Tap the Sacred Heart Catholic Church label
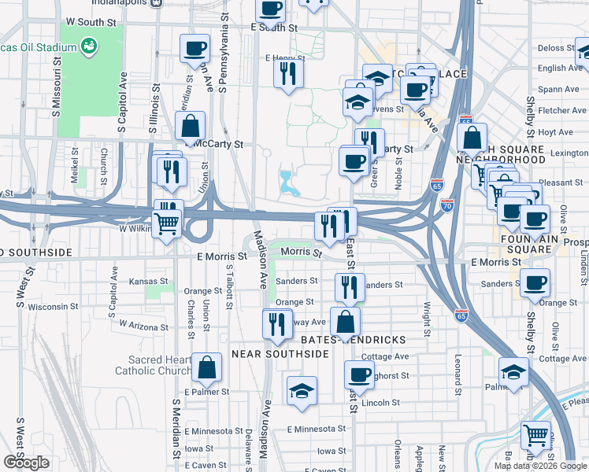[153, 365]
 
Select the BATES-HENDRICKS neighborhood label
[354, 340]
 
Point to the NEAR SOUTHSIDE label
[280, 355]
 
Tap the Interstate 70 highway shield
[448, 205]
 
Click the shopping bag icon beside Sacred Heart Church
[206, 367]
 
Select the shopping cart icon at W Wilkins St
[166, 223]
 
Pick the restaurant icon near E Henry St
[288, 74]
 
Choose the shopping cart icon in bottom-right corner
[535, 434]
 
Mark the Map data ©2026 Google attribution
[539, 466]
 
